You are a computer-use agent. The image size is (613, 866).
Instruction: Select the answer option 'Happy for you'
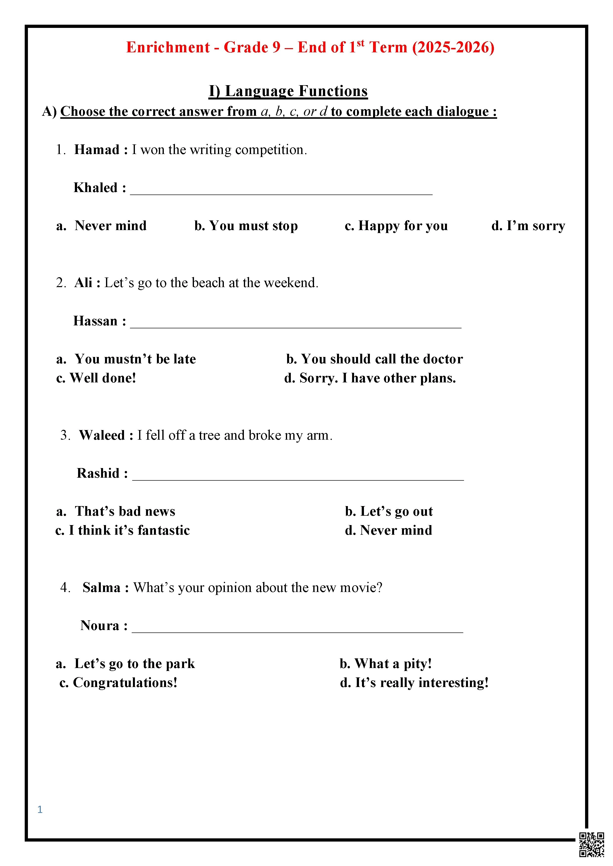click(396, 226)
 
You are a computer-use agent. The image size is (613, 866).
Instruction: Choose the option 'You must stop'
click(246, 226)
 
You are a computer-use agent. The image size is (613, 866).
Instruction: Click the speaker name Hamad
click(97, 150)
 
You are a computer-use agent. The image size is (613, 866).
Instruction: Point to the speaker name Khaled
click(96, 187)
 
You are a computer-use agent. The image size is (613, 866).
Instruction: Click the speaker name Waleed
click(102, 435)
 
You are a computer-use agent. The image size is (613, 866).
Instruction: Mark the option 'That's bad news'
click(116, 511)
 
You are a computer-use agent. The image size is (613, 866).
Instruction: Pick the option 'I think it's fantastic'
click(123, 530)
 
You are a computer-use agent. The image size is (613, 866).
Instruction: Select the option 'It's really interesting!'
click(414, 683)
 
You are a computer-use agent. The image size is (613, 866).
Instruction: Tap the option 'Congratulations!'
click(119, 683)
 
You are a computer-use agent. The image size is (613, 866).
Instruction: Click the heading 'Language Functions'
click(288, 91)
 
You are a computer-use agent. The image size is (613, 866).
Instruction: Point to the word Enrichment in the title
click(168, 47)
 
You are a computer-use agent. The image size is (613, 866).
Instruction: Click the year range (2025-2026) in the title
click(453, 47)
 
